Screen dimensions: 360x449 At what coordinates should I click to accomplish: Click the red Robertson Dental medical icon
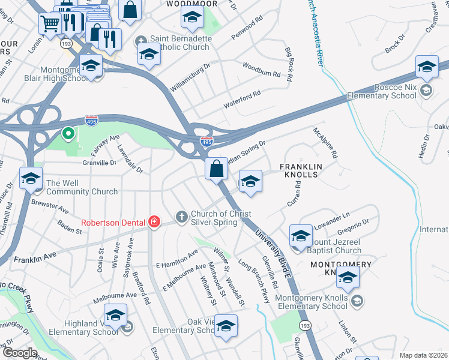coord(154,222)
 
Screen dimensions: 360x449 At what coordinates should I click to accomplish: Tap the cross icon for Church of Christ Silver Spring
coord(181,215)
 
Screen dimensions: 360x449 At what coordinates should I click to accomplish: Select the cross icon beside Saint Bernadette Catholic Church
coord(141,41)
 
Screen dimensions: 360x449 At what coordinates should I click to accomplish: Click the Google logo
coord(20,353)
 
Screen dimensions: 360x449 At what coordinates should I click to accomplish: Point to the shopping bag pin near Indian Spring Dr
coord(217,169)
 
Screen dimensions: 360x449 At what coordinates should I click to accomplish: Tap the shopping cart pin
coord(50,23)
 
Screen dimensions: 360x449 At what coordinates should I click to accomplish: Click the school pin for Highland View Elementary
coord(115,314)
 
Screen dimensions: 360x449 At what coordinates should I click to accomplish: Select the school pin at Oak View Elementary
coord(226,326)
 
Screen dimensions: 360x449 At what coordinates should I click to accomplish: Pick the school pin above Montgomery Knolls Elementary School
coord(348,277)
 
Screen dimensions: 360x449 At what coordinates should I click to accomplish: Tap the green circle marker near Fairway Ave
coord(68,133)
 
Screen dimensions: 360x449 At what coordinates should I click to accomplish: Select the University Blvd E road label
coord(275,251)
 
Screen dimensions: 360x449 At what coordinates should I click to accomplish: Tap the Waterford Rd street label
coord(243,98)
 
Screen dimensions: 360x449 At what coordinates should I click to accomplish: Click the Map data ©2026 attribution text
coord(423,355)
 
